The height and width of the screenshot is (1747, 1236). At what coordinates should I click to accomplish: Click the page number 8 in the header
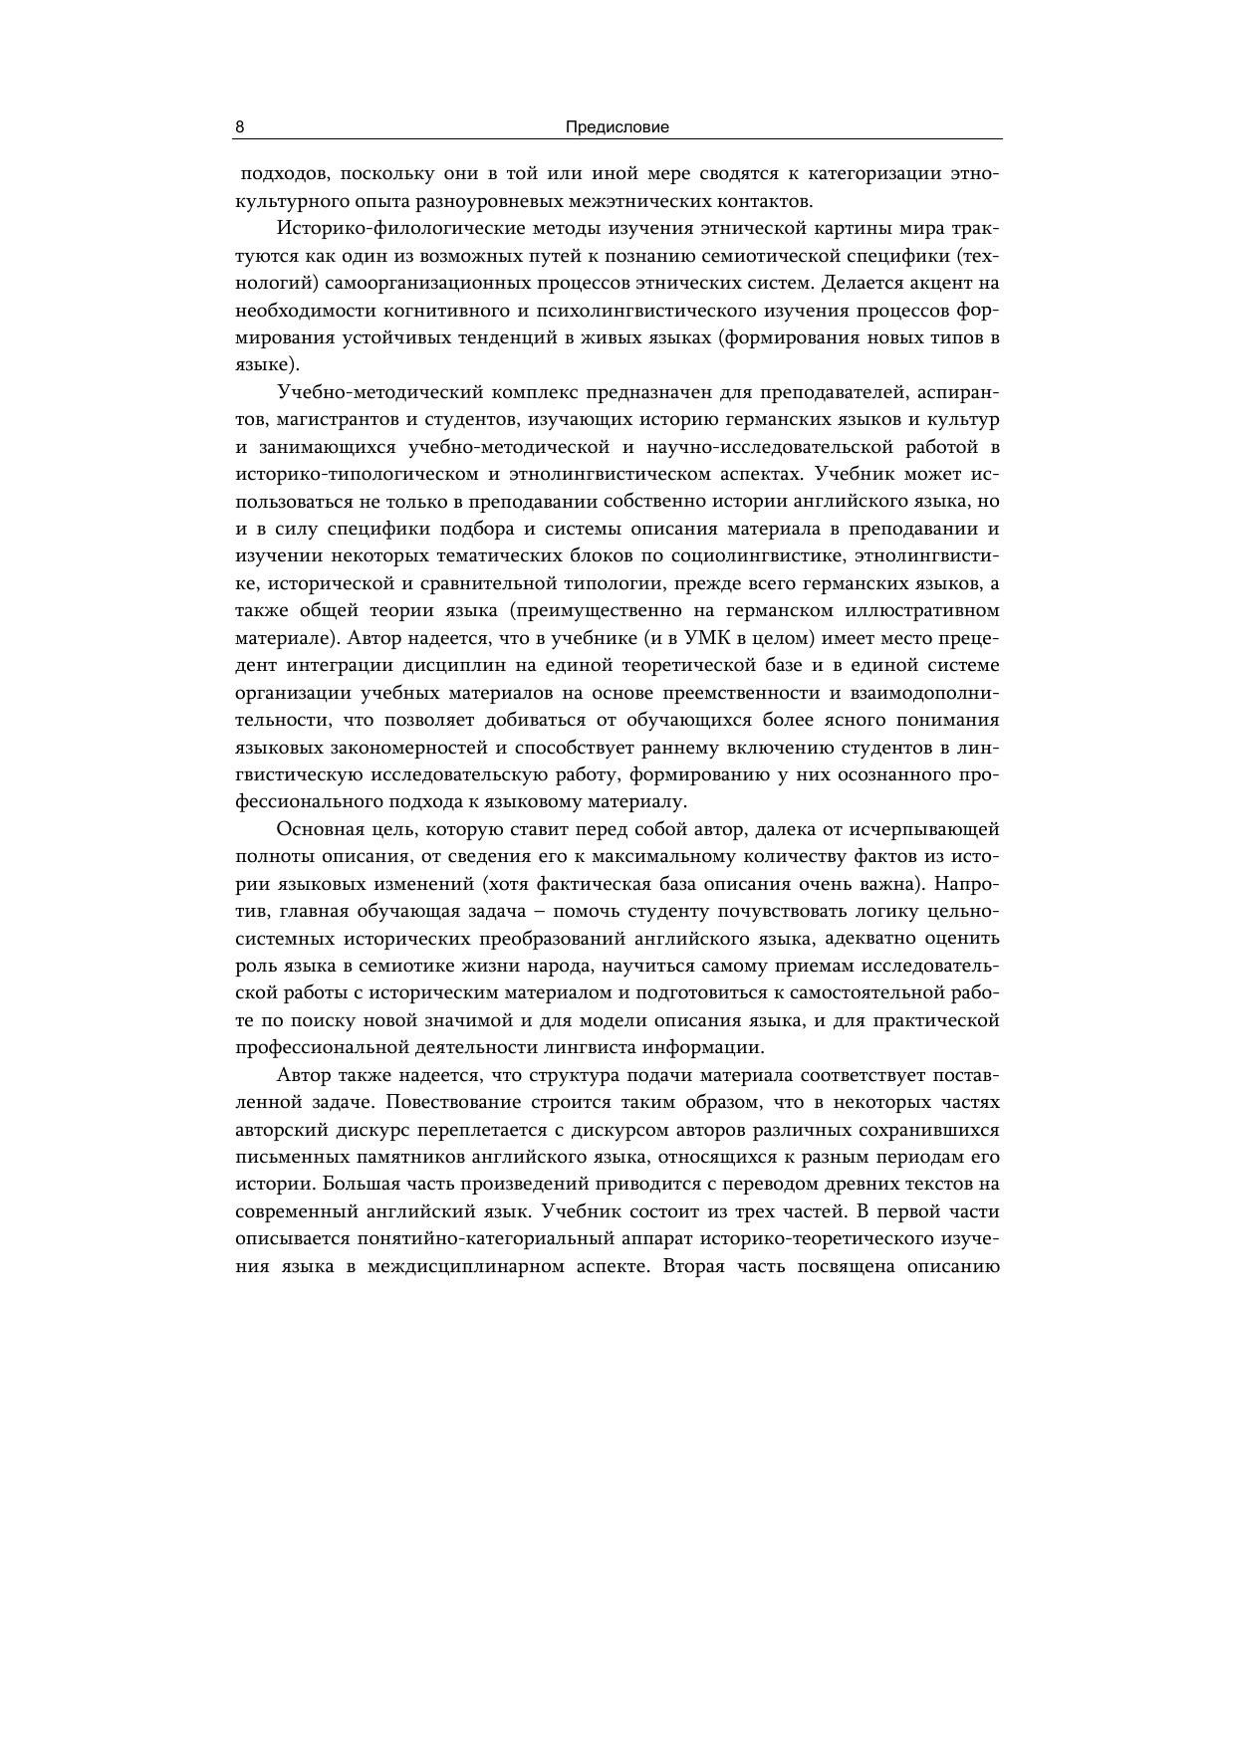(x=240, y=127)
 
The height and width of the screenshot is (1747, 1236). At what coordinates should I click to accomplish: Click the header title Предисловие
(x=618, y=127)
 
